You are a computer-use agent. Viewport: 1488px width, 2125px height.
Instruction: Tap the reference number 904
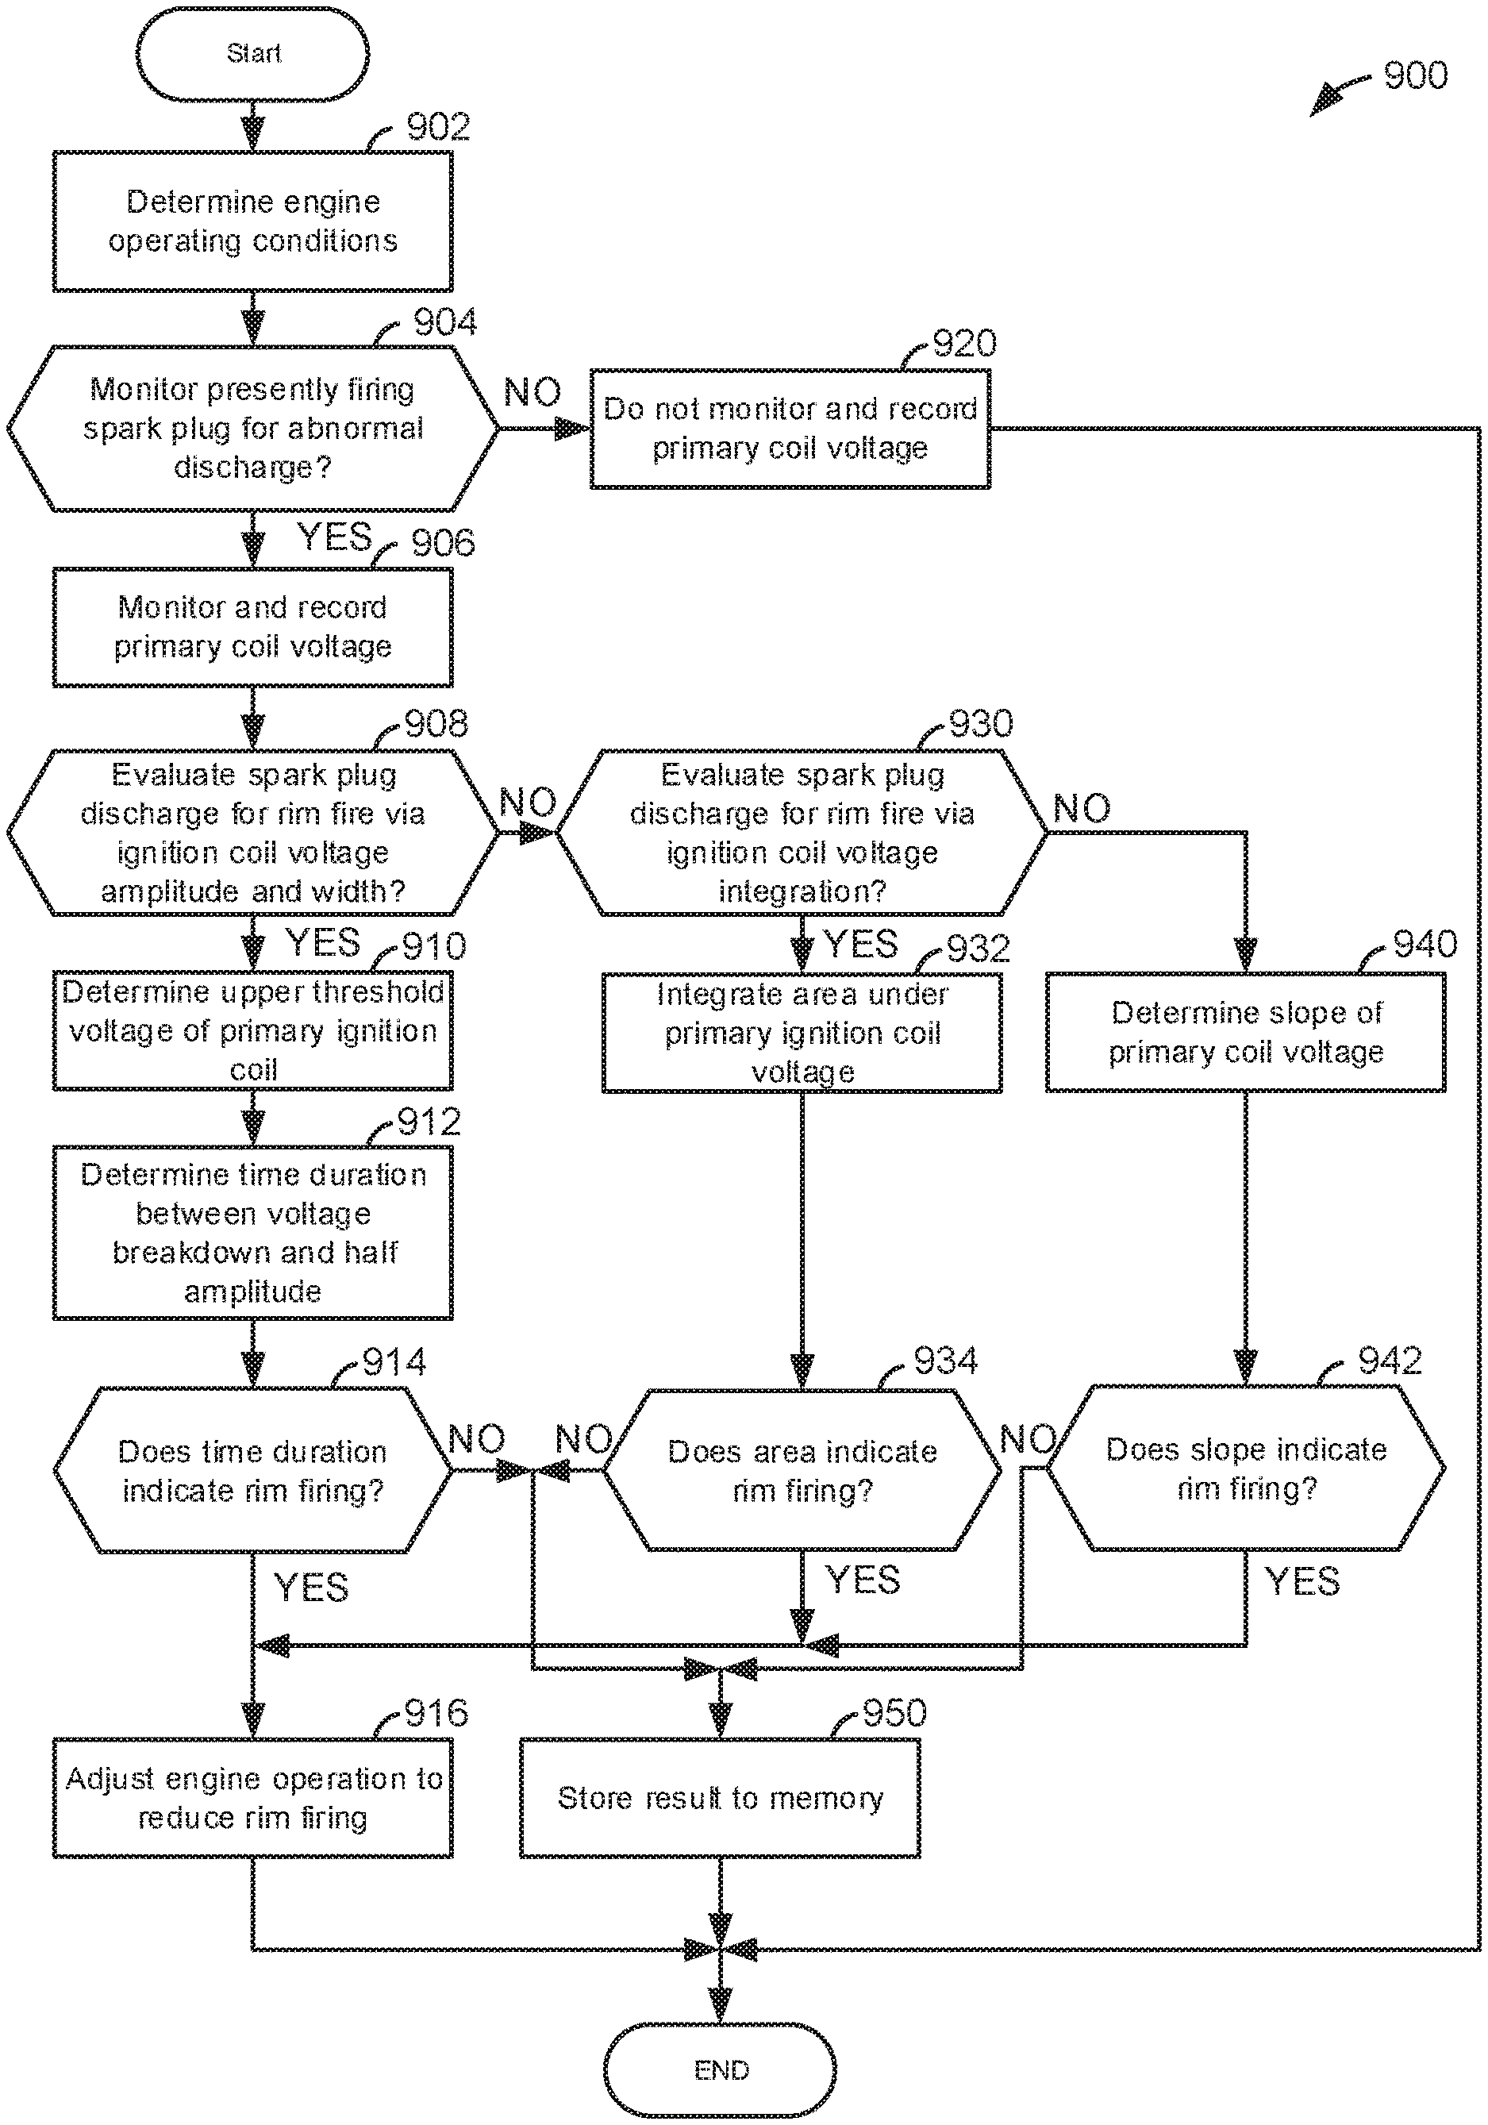[x=445, y=322]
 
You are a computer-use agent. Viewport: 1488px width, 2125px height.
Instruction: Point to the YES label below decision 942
[x=1302, y=1580]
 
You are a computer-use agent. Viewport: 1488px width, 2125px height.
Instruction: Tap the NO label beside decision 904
[x=532, y=392]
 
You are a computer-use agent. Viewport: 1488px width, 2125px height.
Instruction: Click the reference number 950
[x=895, y=1713]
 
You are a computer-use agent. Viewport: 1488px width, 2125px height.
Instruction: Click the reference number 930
[x=981, y=724]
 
